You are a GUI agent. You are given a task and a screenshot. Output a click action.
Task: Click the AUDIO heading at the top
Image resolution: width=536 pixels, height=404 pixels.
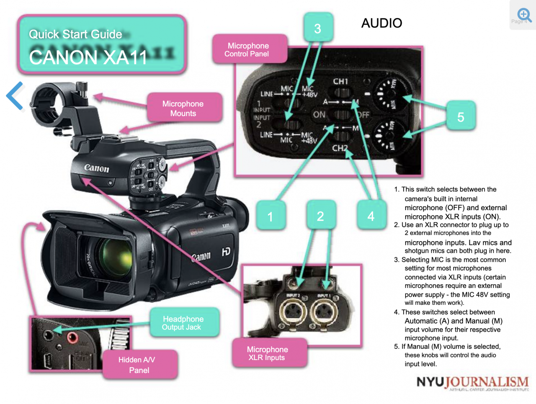pyautogui.click(x=381, y=23)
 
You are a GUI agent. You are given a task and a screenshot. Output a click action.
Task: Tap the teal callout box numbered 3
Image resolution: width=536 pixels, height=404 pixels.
pyautogui.click(x=318, y=28)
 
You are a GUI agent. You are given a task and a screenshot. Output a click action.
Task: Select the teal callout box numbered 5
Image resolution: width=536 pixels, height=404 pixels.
pyautogui.click(x=460, y=117)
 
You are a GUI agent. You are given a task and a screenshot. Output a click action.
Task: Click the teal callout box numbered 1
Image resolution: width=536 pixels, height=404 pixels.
pyautogui.click(x=270, y=216)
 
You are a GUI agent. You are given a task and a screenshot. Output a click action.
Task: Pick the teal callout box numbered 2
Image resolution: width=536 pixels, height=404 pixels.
pyautogui.click(x=320, y=216)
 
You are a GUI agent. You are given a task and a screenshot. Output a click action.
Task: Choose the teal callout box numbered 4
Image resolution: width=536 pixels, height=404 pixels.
pyautogui.click(x=371, y=216)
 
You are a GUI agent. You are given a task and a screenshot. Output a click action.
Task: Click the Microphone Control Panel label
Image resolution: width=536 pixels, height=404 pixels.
pyautogui.click(x=249, y=49)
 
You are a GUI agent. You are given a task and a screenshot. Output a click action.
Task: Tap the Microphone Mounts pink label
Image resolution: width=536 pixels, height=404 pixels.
pyautogui.click(x=183, y=108)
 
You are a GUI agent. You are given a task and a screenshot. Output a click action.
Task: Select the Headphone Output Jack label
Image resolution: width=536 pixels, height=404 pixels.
pyautogui.click(x=183, y=323)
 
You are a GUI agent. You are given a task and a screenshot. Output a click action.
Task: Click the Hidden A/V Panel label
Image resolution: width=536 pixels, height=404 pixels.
pyautogui.click(x=139, y=365)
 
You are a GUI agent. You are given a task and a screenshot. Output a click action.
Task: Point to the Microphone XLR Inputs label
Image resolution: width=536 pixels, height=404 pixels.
pyautogui.click(x=268, y=353)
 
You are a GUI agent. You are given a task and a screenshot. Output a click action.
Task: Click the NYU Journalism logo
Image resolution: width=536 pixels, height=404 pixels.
pyautogui.click(x=472, y=383)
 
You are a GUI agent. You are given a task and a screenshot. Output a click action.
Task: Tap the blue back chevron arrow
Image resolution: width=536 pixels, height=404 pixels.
pyautogui.click(x=15, y=95)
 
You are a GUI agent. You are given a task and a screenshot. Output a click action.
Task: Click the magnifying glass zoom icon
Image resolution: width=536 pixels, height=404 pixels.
pyautogui.click(x=524, y=15)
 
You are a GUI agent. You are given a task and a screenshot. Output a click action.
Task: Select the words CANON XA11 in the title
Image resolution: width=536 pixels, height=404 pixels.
pyautogui.click(x=88, y=57)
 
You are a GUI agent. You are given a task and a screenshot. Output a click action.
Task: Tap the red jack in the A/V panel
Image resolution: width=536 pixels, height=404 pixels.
pyautogui.click(x=72, y=337)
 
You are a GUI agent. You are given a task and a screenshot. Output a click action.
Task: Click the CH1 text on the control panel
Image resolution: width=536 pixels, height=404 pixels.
pyautogui.click(x=340, y=81)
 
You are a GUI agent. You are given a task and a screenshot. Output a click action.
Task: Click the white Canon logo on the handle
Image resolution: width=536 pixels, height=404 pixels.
pyautogui.click(x=96, y=168)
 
